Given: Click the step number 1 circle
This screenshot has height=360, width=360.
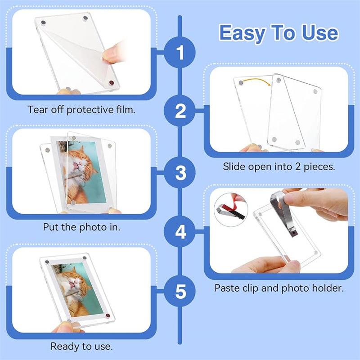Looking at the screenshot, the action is pyautogui.click(x=180, y=52).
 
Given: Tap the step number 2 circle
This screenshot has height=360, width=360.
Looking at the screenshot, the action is pyautogui.click(x=180, y=111).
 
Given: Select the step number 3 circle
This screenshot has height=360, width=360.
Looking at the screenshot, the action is pyautogui.click(x=180, y=173).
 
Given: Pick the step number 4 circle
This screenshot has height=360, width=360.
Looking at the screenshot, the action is pyautogui.click(x=180, y=231).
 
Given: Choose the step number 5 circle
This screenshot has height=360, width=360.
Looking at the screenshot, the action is pyautogui.click(x=180, y=291).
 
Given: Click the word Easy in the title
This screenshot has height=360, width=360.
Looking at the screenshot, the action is pyautogui.click(x=243, y=33).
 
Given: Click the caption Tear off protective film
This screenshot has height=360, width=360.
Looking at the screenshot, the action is pyautogui.click(x=81, y=110).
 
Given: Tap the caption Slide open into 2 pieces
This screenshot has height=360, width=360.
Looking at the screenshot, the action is pyautogui.click(x=279, y=166).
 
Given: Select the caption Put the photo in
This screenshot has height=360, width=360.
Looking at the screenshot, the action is pyautogui.click(x=82, y=227).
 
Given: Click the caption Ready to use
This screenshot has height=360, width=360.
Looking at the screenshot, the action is pyautogui.click(x=82, y=346).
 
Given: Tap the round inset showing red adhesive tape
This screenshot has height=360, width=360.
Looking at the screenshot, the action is pyautogui.click(x=231, y=210).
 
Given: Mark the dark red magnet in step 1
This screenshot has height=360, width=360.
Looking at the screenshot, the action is pyautogui.click(x=112, y=83).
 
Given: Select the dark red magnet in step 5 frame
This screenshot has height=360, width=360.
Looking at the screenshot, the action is pyautogui.click(x=108, y=316).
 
